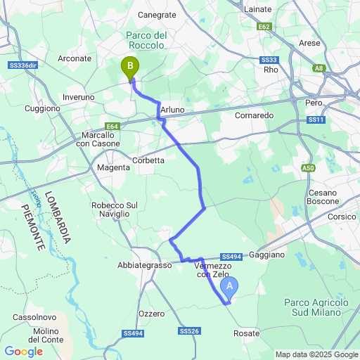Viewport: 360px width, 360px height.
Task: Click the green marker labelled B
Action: pyautogui.click(x=130, y=67)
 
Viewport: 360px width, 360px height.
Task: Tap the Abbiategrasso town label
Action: pyautogui.click(x=144, y=266)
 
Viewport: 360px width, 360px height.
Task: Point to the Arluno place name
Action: pyautogui.click(x=172, y=110)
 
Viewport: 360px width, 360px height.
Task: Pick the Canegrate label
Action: pyautogui.click(x=157, y=14)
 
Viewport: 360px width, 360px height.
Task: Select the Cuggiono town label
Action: pyautogui.click(x=42, y=109)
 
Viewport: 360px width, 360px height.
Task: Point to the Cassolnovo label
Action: pyautogui.click(x=30, y=318)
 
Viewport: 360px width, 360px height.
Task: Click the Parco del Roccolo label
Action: pyautogui.click(x=146, y=40)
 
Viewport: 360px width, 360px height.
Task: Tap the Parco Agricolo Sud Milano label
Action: pyautogui.click(x=316, y=307)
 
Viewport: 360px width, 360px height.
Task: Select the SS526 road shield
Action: pyautogui.click(x=188, y=330)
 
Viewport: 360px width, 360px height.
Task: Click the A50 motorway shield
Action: pyautogui.click(x=308, y=168)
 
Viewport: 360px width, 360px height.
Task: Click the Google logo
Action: pyautogui.click(x=23, y=352)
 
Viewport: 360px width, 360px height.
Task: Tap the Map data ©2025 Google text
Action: pyautogui.click(x=316, y=354)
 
